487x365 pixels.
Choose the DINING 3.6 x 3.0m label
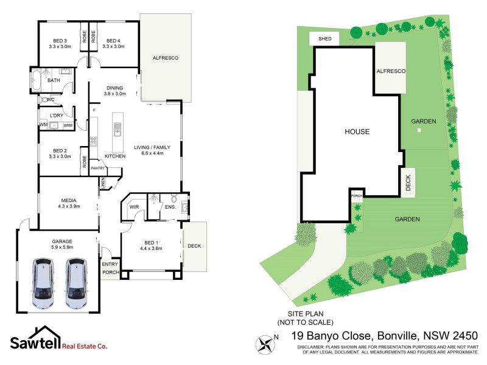(114, 91)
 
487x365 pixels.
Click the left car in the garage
(44, 283)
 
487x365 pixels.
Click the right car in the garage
(76, 283)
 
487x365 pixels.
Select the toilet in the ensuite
(174, 198)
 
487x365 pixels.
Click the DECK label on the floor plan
(194, 246)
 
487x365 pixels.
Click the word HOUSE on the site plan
(357, 131)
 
